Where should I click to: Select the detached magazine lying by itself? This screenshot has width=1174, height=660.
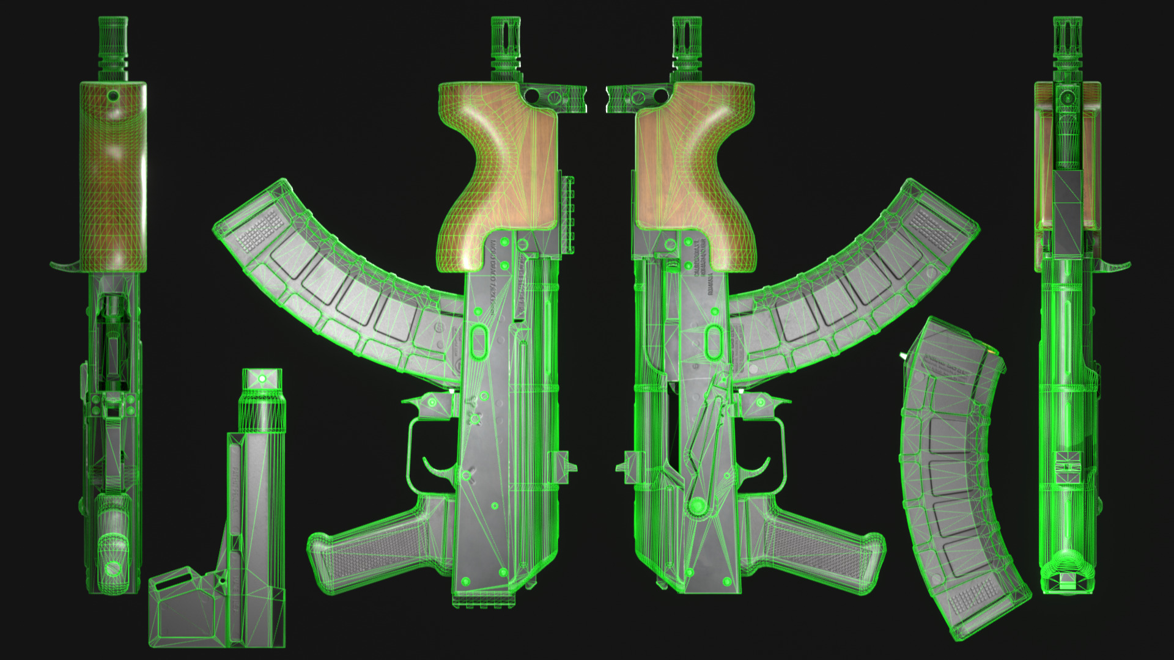pos(954,477)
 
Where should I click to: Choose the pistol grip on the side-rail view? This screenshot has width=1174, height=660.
pos(373,550)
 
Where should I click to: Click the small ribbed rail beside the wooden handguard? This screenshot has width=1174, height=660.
pos(569,214)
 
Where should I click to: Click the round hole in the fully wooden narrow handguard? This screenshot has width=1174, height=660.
pos(113,96)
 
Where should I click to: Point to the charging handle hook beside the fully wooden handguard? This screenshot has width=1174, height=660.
pos(64,266)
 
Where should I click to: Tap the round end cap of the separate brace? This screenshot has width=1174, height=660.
pos(262,379)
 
